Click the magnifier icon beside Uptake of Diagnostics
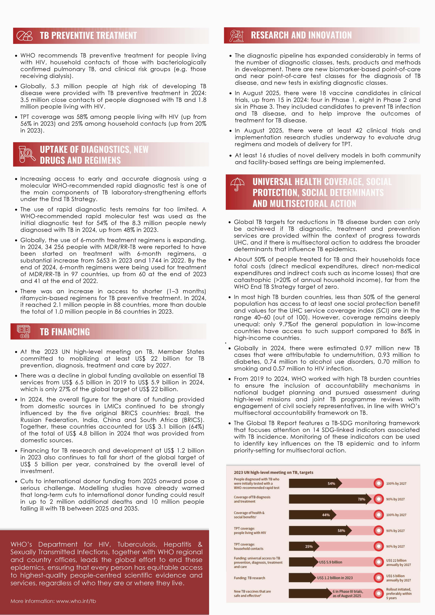27,154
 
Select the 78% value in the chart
361,499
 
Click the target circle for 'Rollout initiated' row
379,593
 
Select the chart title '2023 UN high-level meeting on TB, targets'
273,472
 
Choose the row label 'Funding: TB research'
249,578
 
